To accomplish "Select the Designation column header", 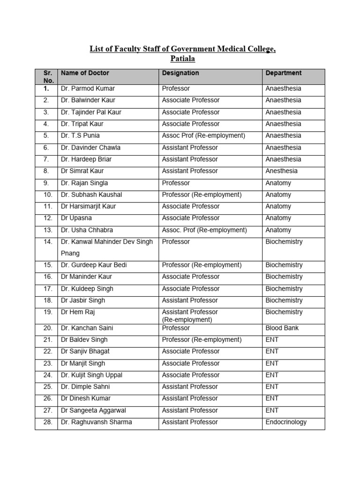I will (x=180, y=73).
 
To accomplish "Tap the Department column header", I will (x=284, y=73).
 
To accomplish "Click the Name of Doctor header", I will (x=85, y=73).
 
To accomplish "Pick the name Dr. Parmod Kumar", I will (x=88, y=89).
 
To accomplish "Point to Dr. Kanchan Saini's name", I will (x=87, y=328).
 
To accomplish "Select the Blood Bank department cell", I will (x=282, y=328).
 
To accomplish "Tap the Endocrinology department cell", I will (x=286, y=422).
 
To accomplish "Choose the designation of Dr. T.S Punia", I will (x=203, y=135).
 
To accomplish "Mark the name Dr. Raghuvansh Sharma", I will (x=96, y=422).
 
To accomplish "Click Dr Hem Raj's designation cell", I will (x=190, y=315).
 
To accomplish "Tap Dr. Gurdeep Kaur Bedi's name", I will (x=94, y=265).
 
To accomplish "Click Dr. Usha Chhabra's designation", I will (x=204, y=230).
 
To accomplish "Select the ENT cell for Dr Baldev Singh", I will (x=272, y=340).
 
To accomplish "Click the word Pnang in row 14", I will (x=70, y=254).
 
